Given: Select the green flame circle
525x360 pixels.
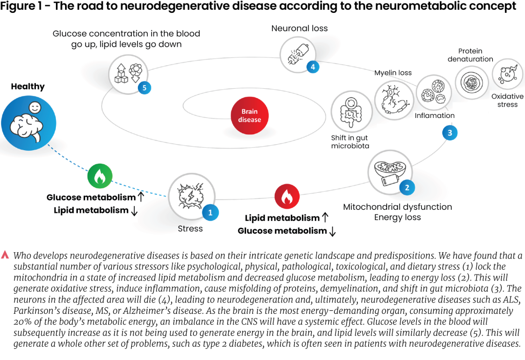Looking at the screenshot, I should coord(99,176).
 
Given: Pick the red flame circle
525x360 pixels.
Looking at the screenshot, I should coord(287,197).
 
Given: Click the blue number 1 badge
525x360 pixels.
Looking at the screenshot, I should coord(210,211).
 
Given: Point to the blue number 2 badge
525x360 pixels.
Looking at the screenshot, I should coord(407,187).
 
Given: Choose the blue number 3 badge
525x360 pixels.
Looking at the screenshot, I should coord(450,133).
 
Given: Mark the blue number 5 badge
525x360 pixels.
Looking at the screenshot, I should coord(145,87).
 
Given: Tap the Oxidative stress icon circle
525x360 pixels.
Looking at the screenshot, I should coord(508,74).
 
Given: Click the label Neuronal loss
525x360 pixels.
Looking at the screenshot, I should coord(299,28).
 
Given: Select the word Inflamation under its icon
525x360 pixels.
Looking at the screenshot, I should coord(434,115).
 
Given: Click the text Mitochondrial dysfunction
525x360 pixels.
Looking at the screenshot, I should coord(397,207).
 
